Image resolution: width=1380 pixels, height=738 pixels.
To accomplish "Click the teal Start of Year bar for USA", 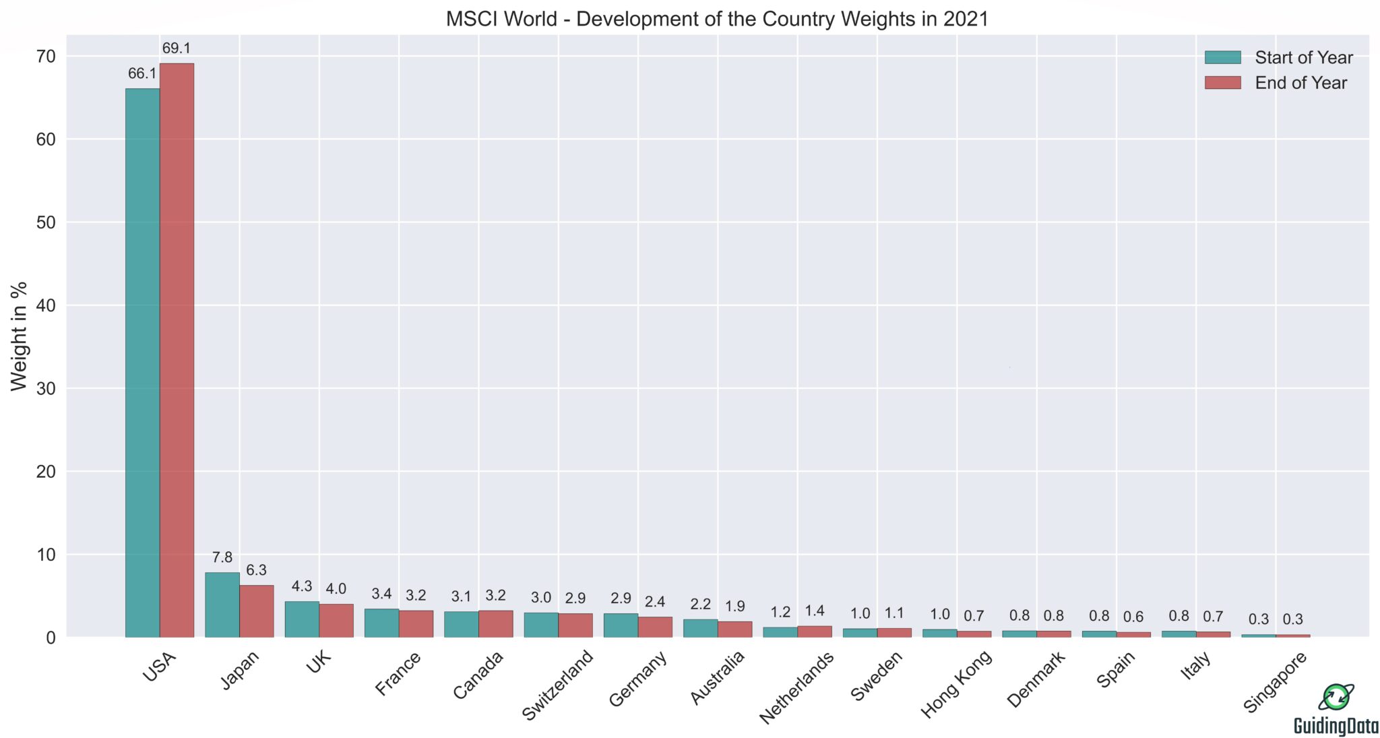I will pos(142,364).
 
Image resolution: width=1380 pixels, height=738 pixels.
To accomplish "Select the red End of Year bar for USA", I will pos(177,350).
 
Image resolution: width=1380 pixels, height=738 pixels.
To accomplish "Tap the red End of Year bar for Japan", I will pos(256,611).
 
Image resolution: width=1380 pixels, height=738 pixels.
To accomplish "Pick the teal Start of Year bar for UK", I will pos(302,619).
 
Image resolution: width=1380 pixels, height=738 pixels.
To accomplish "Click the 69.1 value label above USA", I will pos(177,49).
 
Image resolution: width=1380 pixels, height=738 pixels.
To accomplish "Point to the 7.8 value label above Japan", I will pos(222,557).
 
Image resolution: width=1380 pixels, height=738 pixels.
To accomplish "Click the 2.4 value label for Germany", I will pos(655,602).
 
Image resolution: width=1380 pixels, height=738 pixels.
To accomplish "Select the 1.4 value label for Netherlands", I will pos(815,611).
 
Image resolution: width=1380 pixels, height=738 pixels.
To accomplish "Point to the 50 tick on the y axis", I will pos(45,222).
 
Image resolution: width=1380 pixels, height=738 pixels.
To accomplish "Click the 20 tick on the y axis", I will pos(45,472).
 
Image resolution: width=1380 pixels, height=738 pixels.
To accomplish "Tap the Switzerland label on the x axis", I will pos(559,685).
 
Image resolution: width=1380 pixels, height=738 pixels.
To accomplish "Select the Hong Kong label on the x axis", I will pos(957,683).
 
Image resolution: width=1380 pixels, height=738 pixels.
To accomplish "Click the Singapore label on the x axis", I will pos(1276,682).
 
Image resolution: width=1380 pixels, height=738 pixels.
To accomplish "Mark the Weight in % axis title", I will pos(19,336).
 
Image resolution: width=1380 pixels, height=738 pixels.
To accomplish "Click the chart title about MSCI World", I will pos(717,18).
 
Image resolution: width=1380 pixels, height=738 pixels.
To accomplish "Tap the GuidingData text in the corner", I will pos(1336,726).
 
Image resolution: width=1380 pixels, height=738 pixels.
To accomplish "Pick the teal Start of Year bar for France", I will pos(381,623).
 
